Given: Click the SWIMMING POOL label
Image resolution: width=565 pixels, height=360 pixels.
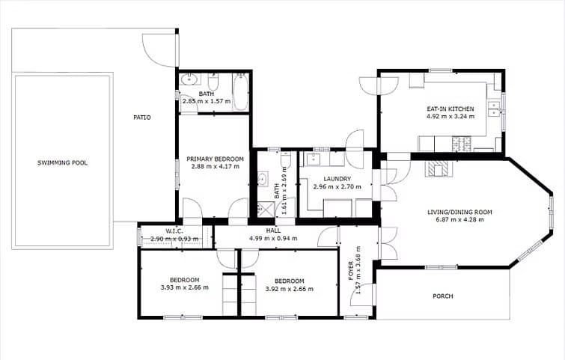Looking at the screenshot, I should (63, 162).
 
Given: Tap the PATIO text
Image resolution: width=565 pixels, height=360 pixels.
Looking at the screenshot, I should (142, 118).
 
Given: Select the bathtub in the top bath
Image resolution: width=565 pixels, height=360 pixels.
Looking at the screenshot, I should (240, 91).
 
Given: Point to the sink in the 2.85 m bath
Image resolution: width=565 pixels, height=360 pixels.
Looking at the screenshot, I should (189, 79).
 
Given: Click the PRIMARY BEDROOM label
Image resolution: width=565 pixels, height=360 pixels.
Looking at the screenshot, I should (216, 159).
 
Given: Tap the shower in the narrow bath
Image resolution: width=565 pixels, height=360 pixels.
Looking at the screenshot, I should (263, 209).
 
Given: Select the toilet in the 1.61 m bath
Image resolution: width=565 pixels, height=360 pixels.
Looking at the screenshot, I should (285, 160).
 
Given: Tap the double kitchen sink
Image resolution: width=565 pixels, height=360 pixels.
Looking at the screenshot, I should (495, 112).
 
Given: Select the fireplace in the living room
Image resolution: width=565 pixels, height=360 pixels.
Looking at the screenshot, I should (439, 169).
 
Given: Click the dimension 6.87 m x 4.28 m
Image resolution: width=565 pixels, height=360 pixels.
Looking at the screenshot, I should (459, 222).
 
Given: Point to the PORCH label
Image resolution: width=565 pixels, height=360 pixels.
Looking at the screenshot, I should (443, 296).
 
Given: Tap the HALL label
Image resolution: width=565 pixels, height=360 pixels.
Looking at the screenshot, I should (273, 231).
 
